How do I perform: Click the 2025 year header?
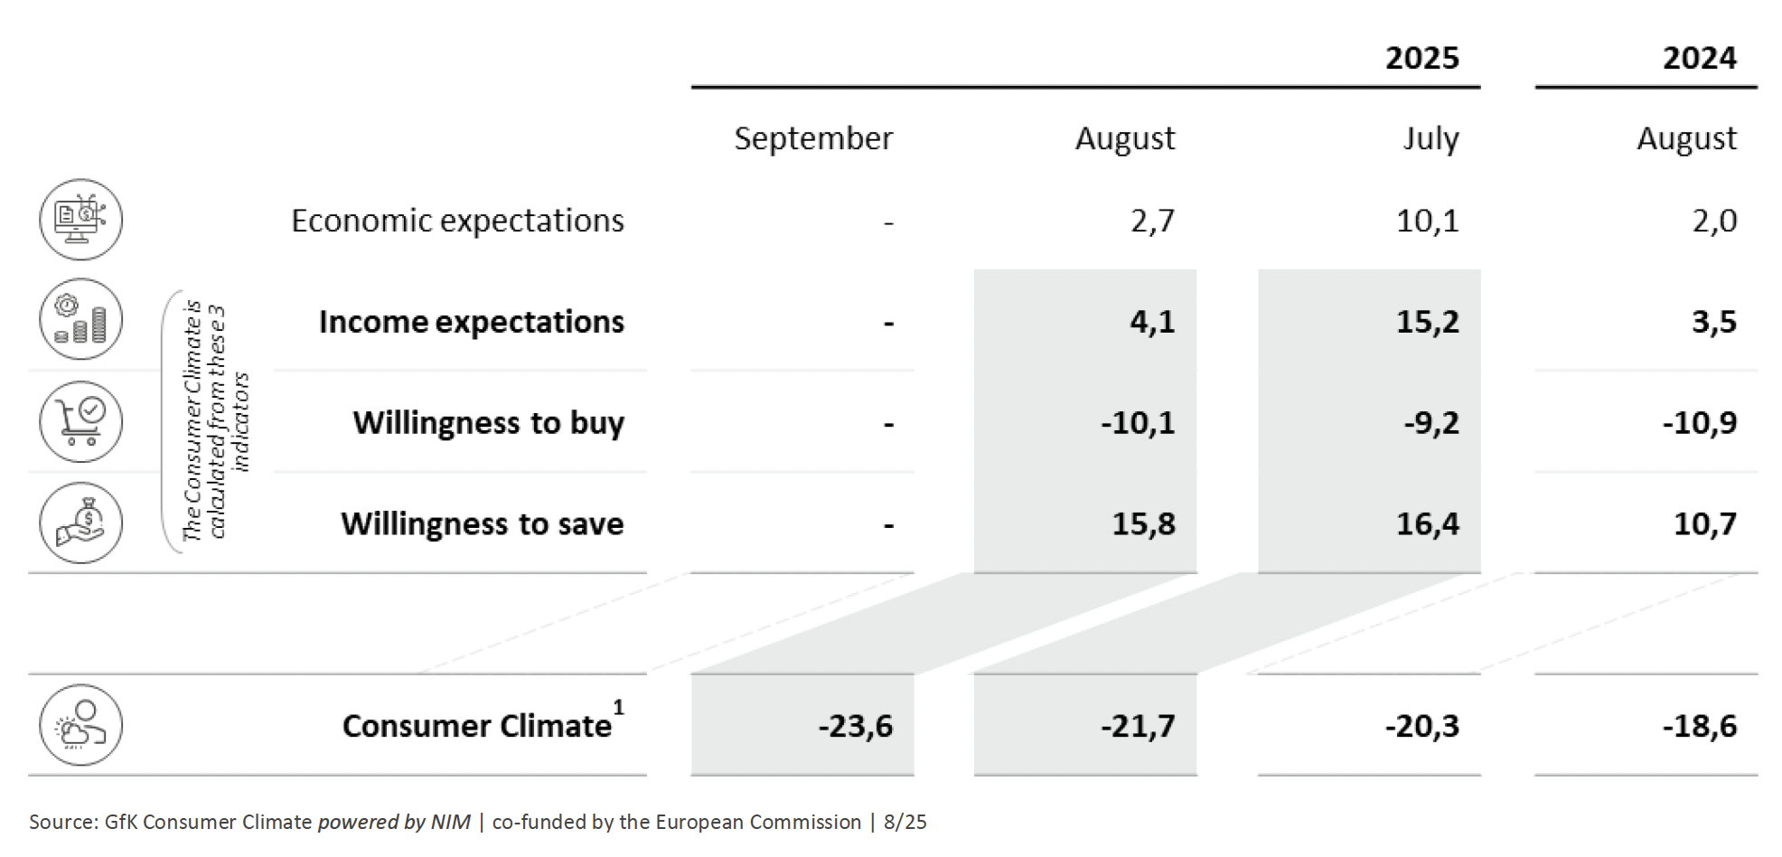1421,58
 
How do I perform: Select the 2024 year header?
1699,58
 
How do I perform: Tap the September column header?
812,138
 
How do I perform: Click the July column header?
1430,138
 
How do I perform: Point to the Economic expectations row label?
457,221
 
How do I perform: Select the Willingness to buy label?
488,422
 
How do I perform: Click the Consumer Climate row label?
476,726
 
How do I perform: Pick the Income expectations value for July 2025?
1427,322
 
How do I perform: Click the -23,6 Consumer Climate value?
855,726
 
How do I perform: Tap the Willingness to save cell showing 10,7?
1704,523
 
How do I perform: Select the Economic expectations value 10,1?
1427,221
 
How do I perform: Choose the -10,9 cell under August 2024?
1699,422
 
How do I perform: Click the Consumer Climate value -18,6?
1699,726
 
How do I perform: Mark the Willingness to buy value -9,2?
1430,422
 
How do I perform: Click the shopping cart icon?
80,422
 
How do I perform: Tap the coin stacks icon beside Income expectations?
80,320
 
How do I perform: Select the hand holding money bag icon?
80,523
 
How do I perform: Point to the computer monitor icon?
80,220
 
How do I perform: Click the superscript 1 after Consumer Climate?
618,708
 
